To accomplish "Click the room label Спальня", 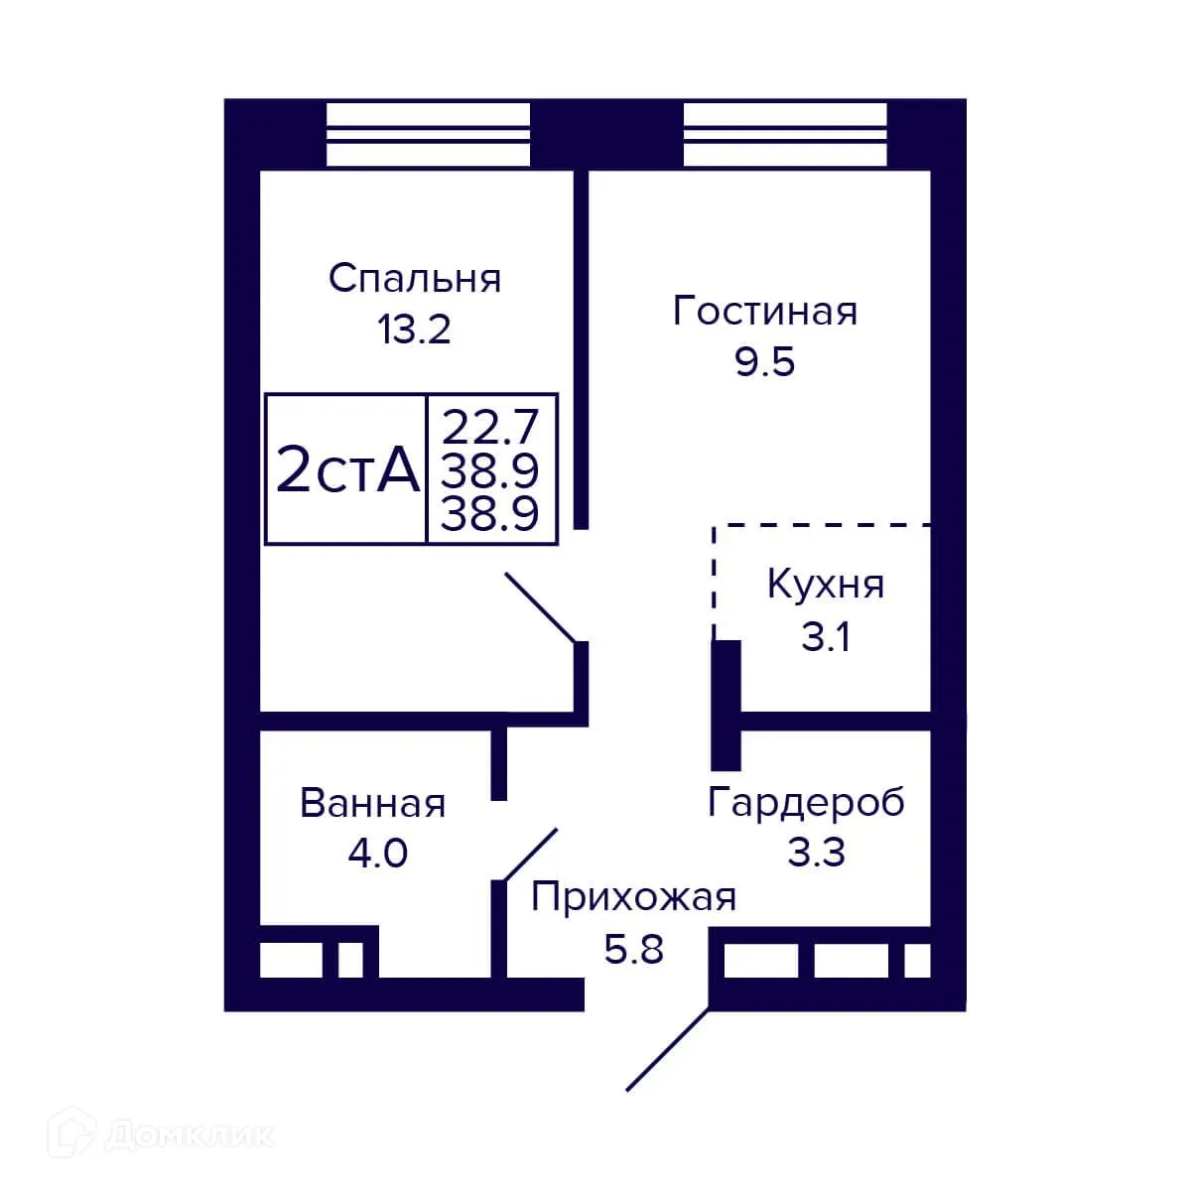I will point(414,279).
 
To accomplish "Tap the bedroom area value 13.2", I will point(414,330).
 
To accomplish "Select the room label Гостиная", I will point(764,312).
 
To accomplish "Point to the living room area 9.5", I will point(764,363).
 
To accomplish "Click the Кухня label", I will point(825,586).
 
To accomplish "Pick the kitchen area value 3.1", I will point(825,637).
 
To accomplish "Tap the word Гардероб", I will point(806,802).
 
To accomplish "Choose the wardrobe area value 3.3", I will point(816,853).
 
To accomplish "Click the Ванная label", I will point(372,803).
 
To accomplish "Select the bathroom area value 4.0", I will point(377,854).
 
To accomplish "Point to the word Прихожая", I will point(633,897).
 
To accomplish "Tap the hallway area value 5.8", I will point(633,950).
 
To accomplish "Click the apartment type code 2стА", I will point(346,470).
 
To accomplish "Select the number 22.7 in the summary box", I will point(490,428).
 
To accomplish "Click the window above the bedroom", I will point(428,135).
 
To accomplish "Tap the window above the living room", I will point(784,135).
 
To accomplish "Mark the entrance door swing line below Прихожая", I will point(668,1049).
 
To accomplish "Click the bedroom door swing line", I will point(541,607).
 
